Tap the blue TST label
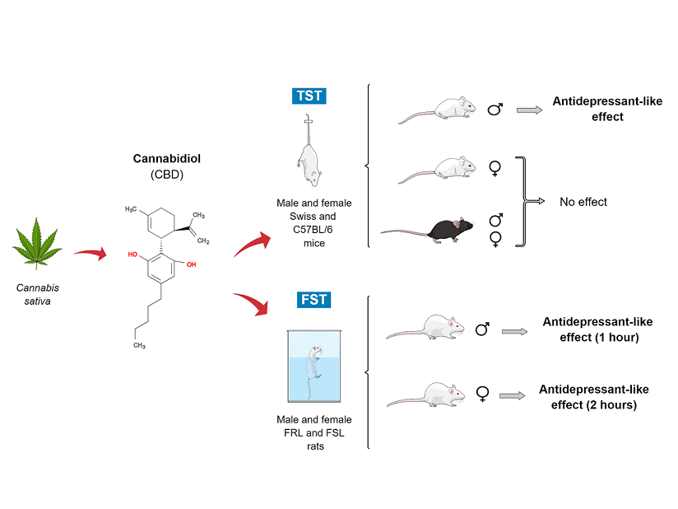(x=309, y=96)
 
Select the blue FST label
(x=313, y=299)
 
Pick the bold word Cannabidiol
(x=160, y=158)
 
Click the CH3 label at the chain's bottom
(x=139, y=345)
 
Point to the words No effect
(x=584, y=201)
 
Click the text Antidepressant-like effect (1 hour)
(x=591, y=329)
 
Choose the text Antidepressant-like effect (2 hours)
(x=587, y=397)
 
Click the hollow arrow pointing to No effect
(x=535, y=201)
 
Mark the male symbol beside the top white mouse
(x=495, y=108)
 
